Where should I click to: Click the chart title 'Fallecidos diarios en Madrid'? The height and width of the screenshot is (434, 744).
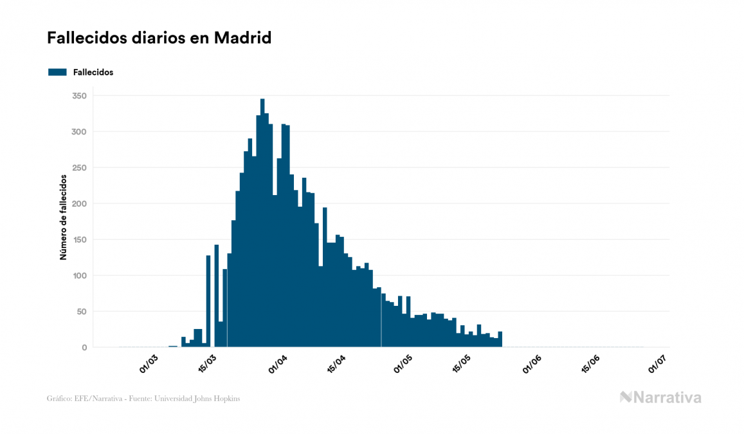tap(159, 39)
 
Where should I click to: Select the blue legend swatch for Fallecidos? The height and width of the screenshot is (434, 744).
tap(58, 72)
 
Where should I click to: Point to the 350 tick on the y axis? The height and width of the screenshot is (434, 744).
tap(80, 96)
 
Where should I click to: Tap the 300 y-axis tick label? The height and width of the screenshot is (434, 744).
tap(80, 132)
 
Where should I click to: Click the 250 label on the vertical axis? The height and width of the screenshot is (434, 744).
tap(80, 168)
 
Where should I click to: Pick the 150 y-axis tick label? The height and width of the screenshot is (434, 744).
tap(80, 240)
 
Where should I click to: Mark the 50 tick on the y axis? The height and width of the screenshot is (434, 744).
tap(82, 312)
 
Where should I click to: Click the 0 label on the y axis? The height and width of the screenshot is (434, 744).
tap(84, 348)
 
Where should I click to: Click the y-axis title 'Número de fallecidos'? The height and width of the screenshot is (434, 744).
tap(64, 217)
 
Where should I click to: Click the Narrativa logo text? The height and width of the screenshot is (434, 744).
tap(667, 397)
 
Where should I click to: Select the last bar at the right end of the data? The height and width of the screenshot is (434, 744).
tap(500, 339)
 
